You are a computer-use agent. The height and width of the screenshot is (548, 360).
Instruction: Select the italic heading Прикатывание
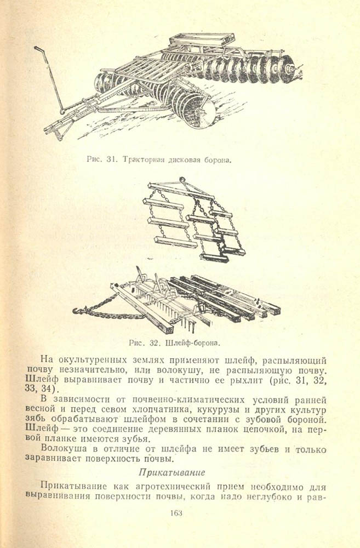click(x=164, y=472)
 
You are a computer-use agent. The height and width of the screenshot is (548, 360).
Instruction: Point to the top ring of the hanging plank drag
click(x=181, y=180)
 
